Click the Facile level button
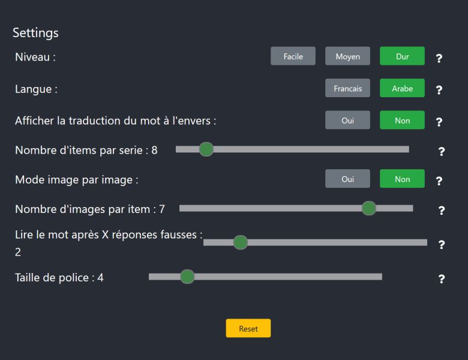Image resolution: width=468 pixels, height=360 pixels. pos(293,56)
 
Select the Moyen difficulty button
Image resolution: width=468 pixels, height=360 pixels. pos(347,56)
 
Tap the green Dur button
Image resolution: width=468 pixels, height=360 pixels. pos(402,56)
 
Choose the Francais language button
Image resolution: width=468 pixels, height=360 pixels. pos(347,88)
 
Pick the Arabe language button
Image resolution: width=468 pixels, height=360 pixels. pos(402,88)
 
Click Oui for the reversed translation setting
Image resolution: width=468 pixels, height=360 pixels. pos(347,120)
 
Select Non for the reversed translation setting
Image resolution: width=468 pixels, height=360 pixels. pos(402,120)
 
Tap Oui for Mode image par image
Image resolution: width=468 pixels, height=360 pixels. pos(347,179)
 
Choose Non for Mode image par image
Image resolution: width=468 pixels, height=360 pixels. pos(402,179)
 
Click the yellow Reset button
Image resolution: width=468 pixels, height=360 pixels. pos(248,328)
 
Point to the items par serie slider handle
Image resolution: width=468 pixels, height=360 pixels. pos(206,149)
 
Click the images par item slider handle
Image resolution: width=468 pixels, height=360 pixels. pos(369,208)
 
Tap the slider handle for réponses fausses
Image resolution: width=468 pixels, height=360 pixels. pos(240,242)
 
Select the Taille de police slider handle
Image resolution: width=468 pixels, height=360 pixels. pos(187,277)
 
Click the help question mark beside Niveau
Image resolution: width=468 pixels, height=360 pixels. pos(439,58)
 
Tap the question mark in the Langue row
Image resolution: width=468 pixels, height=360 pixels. pos(439,90)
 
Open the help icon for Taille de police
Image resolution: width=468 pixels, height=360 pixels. pos(442,279)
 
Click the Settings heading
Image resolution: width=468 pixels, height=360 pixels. pos(35,33)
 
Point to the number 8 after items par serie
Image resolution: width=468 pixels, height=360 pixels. pos(154,150)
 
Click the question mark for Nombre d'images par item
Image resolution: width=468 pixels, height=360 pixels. pos(442,211)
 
